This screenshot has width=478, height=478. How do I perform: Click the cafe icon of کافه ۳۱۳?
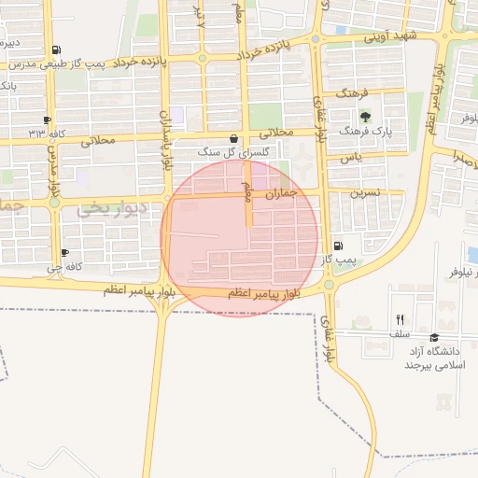pyautogui.click(x=48, y=119)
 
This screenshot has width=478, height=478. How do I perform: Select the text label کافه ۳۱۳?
pyautogui.click(x=48, y=134)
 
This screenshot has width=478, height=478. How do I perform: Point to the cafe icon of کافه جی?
pyautogui.click(x=64, y=252)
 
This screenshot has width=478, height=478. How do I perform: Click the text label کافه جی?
pyautogui.click(x=66, y=267)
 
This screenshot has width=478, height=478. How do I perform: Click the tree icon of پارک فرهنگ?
pyautogui.click(x=365, y=118)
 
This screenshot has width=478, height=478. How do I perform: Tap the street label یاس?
pyautogui.click(x=351, y=158)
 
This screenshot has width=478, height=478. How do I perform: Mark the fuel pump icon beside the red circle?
pyautogui.click(x=337, y=246)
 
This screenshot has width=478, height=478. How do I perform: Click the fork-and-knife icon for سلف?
pyautogui.click(x=400, y=319)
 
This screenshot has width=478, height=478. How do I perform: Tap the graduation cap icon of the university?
pyautogui.click(x=433, y=337)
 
